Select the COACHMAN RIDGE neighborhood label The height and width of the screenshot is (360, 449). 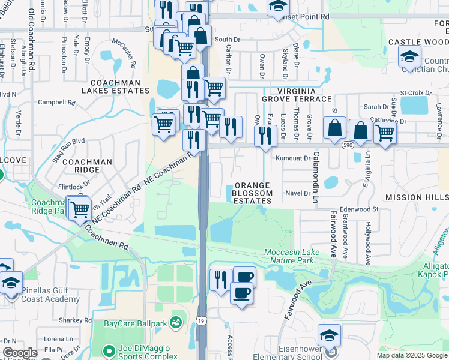pos(87,166)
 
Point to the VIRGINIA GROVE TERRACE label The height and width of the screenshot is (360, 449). pos(296,94)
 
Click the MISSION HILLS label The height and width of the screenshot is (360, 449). pos(416,197)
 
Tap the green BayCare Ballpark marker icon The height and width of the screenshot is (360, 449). pos(176,323)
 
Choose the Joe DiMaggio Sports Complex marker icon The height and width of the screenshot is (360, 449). pos(108,350)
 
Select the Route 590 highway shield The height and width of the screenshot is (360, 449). pos(348,145)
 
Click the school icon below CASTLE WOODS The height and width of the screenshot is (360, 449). pos(409,57)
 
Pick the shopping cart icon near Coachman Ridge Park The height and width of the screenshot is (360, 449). pos(79,209)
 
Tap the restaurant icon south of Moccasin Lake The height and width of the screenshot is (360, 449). pos(220,279)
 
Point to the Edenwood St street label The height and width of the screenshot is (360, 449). pos(359,209)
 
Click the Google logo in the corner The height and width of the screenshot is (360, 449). pos(20,353)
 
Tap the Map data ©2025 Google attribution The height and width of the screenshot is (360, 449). pos(411,355)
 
